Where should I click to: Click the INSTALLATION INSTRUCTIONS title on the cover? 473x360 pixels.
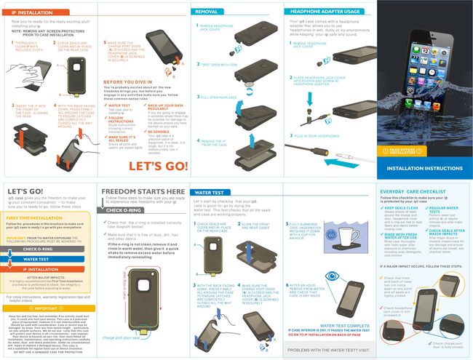tap(427, 168)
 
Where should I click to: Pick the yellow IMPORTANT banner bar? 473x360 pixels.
tap(48, 308)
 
